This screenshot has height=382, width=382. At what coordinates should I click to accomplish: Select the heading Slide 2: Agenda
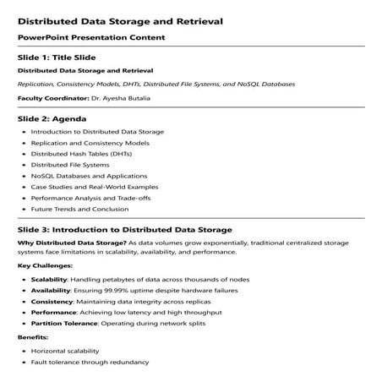click(52, 118)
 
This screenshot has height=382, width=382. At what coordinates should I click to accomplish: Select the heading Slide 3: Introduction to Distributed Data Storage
click(124, 229)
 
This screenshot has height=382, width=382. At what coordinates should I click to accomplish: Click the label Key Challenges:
click(40, 265)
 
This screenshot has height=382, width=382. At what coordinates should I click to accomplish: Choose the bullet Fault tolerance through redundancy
click(90, 362)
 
